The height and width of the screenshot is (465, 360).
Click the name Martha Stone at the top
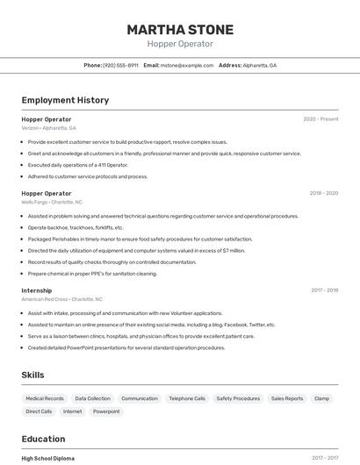click(x=179, y=29)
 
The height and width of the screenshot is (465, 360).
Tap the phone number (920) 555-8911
click(x=120, y=65)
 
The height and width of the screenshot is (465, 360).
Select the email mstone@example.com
click(x=187, y=65)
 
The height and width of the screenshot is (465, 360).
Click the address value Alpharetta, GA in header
click(x=260, y=65)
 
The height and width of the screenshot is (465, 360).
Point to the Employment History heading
click(x=65, y=100)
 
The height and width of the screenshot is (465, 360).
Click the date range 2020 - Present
click(x=320, y=119)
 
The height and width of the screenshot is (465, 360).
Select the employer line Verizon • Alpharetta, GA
click(x=48, y=128)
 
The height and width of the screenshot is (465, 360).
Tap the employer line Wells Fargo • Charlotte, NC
click(x=52, y=202)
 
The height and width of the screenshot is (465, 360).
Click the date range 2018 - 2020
click(x=323, y=193)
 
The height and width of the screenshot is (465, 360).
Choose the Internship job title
click(x=37, y=290)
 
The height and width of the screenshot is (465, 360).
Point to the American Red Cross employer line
click(x=61, y=299)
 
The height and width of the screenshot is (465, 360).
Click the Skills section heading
click(x=33, y=375)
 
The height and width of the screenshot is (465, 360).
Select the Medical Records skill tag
click(x=45, y=398)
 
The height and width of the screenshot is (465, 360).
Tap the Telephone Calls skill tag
click(x=187, y=398)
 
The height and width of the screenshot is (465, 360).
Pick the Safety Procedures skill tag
click(x=238, y=398)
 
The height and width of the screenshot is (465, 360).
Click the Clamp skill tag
click(x=321, y=398)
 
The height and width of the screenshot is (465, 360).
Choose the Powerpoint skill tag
click(x=106, y=411)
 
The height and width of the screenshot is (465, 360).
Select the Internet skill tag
click(x=72, y=411)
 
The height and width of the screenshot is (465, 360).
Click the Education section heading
click(x=43, y=439)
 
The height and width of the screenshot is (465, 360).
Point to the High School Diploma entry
click(x=47, y=458)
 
